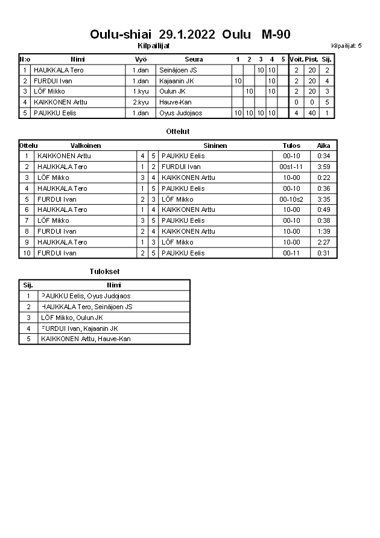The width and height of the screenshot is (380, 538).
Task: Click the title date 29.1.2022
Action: pyautogui.click(x=188, y=34)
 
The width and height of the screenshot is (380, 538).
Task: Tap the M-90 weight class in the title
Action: pyautogui.click(x=276, y=34)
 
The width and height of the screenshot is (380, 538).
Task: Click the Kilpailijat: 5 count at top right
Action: pyautogui.click(x=346, y=45)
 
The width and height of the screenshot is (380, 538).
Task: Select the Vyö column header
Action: pyautogui.click(x=141, y=59)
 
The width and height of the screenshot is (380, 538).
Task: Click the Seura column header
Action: pyautogui.click(x=194, y=59)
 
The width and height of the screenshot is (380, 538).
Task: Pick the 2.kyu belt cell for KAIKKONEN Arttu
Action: pyautogui.click(x=141, y=102)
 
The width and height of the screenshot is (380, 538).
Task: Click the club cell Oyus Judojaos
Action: pyautogui.click(x=181, y=113)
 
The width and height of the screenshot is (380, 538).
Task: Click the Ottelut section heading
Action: pyautogui.click(x=178, y=131)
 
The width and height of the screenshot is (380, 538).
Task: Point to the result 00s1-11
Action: pyautogui.click(x=291, y=167)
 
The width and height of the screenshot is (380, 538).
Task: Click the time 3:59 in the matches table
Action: pyautogui.click(x=324, y=167)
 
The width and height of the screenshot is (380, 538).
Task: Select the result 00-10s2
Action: pyautogui.click(x=291, y=199)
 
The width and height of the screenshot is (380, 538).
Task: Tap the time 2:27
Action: pyautogui.click(x=324, y=242)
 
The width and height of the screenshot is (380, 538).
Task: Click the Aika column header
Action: pyautogui.click(x=324, y=146)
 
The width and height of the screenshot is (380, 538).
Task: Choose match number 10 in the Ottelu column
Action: pyautogui.click(x=27, y=253)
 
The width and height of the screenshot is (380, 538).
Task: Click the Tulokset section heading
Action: pyautogui.click(x=104, y=272)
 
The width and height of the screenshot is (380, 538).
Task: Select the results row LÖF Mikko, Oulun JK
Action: pyautogui.click(x=72, y=318)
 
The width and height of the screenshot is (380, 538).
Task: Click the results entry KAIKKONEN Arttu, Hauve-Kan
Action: pyautogui.click(x=86, y=339)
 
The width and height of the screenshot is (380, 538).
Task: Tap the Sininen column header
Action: pyautogui.click(x=215, y=146)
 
